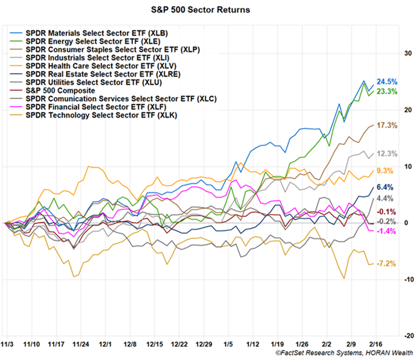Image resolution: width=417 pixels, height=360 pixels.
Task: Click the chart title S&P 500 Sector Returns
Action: point(208,11)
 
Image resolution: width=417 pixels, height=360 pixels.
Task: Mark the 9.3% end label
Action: point(386,171)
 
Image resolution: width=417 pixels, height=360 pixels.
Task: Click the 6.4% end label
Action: point(386,187)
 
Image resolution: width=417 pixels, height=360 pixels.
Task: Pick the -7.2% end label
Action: point(386,264)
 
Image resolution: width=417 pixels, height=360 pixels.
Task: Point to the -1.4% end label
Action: point(386,232)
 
